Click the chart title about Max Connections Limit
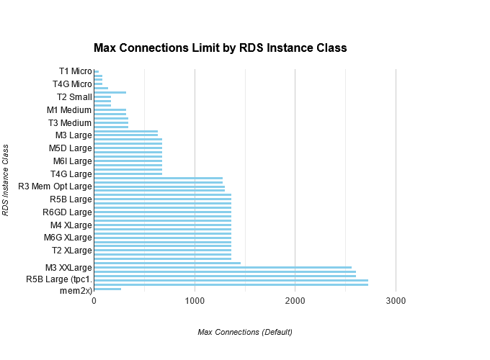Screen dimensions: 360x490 (x=220, y=48)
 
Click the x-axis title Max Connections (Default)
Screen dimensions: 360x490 (x=245, y=332)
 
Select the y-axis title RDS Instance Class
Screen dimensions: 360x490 (x=6, y=179)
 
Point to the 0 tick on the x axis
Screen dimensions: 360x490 (x=94, y=300)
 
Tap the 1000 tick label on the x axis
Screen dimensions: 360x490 (x=195, y=300)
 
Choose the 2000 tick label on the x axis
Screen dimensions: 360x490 (x=295, y=300)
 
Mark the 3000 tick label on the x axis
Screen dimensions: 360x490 (x=396, y=300)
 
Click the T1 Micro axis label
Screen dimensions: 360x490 (x=76, y=71)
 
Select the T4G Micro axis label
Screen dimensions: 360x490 (x=72, y=84)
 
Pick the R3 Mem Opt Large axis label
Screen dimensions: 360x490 (x=55, y=186)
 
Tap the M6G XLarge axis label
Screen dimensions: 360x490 (x=68, y=238)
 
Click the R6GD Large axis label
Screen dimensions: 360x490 (x=67, y=212)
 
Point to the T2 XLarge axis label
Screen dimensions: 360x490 (x=72, y=251)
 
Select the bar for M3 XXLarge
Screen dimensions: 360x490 (x=223, y=267)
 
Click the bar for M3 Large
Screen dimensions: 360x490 (x=126, y=135)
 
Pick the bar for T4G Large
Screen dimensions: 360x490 (x=128, y=174)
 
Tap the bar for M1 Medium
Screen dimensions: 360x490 (x=110, y=109)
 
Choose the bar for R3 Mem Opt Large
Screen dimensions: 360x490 (x=159, y=186)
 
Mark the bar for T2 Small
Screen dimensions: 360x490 (x=103, y=96)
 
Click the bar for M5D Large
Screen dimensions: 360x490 (x=128, y=148)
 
